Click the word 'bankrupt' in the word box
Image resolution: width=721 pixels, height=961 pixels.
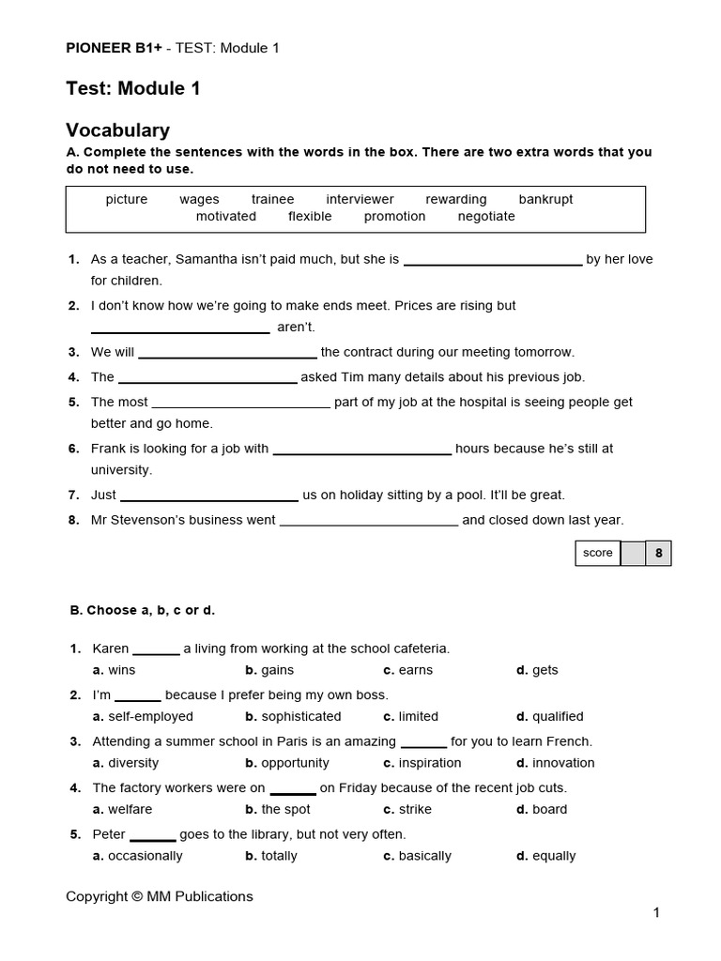coord(545,199)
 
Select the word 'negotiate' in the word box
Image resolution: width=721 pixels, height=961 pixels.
coord(486,216)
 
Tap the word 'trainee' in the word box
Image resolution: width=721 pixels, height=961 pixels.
coord(272,199)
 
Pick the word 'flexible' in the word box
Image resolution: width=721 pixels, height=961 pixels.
coord(310,216)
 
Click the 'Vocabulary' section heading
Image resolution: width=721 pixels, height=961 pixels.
coord(117,130)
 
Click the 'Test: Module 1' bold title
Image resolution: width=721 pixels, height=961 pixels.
coord(132,89)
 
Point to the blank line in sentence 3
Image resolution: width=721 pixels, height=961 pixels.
coord(227,354)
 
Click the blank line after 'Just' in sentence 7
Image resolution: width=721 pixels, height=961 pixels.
coord(209,496)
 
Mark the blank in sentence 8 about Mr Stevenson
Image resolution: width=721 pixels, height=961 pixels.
coord(369,522)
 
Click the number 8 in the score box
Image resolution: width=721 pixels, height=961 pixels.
coord(658,554)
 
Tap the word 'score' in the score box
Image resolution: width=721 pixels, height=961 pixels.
coord(597,553)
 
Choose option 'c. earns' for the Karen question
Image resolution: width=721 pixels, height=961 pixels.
coord(407,670)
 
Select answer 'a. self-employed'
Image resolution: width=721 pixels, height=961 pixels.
coord(143,716)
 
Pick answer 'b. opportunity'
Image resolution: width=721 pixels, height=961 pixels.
coord(287,763)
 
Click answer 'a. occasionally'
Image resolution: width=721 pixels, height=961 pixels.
coord(138,856)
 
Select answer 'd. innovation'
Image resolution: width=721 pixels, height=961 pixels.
coord(556,763)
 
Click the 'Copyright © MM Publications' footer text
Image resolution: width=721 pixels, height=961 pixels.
coord(160,896)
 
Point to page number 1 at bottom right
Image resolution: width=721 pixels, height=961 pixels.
coord(657,913)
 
